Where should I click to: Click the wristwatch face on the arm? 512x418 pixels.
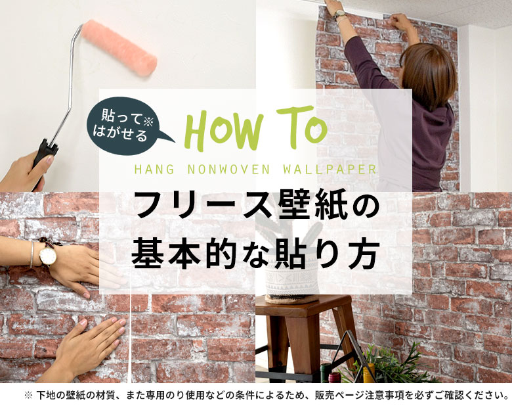(47, 256)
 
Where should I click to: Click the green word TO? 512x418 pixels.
(301, 128)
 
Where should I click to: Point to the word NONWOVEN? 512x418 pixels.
(220, 169)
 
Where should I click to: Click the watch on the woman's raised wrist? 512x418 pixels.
(340, 14)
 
